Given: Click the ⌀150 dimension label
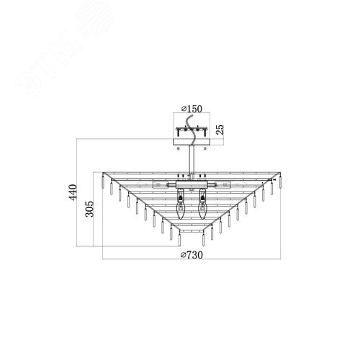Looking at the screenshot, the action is (x=192, y=109).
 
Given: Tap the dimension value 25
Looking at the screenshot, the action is (x=220, y=130).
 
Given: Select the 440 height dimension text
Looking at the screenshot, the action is (x=73, y=192).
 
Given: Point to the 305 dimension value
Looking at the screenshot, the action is (x=90, y=209).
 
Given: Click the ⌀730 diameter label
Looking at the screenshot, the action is (x=192, y=255).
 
